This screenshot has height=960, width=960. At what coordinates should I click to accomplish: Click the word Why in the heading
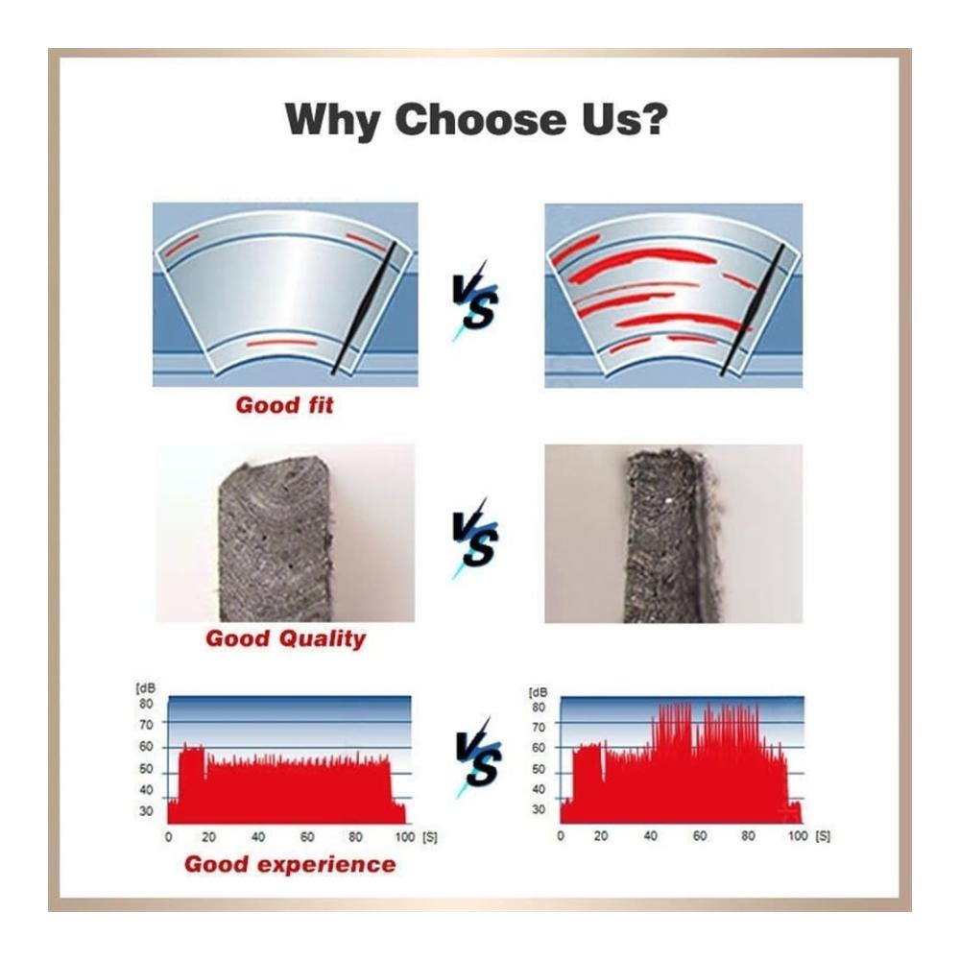(x=332, y=120)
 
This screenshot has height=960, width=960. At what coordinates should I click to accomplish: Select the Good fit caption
(x=285, y=405)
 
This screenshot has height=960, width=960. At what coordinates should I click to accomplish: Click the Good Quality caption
(x=285, y=638)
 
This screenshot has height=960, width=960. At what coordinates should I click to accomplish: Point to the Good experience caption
(x=290, y=864)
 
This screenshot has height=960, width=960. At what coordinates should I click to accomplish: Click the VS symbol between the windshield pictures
(x=475, y=300)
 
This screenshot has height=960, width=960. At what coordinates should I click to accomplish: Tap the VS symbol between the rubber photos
(x=475, y=538)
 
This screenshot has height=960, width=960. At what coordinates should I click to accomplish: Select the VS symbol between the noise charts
(x=478, y=757)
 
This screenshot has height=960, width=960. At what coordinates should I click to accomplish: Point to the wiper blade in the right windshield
(x=753, y=310)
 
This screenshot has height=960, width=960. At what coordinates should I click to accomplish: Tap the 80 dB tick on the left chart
(x=146, y=704)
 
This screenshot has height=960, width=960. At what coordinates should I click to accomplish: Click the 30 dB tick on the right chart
(x=539, y=809)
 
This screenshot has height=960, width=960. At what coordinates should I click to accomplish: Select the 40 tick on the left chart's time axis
(x=258, y=837)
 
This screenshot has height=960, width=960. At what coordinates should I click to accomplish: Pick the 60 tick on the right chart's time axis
(x=700, y=836)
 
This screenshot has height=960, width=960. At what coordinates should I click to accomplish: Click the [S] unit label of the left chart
(x=430, y=837)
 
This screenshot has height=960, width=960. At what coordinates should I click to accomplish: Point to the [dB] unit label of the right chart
(x=538, y=692)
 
